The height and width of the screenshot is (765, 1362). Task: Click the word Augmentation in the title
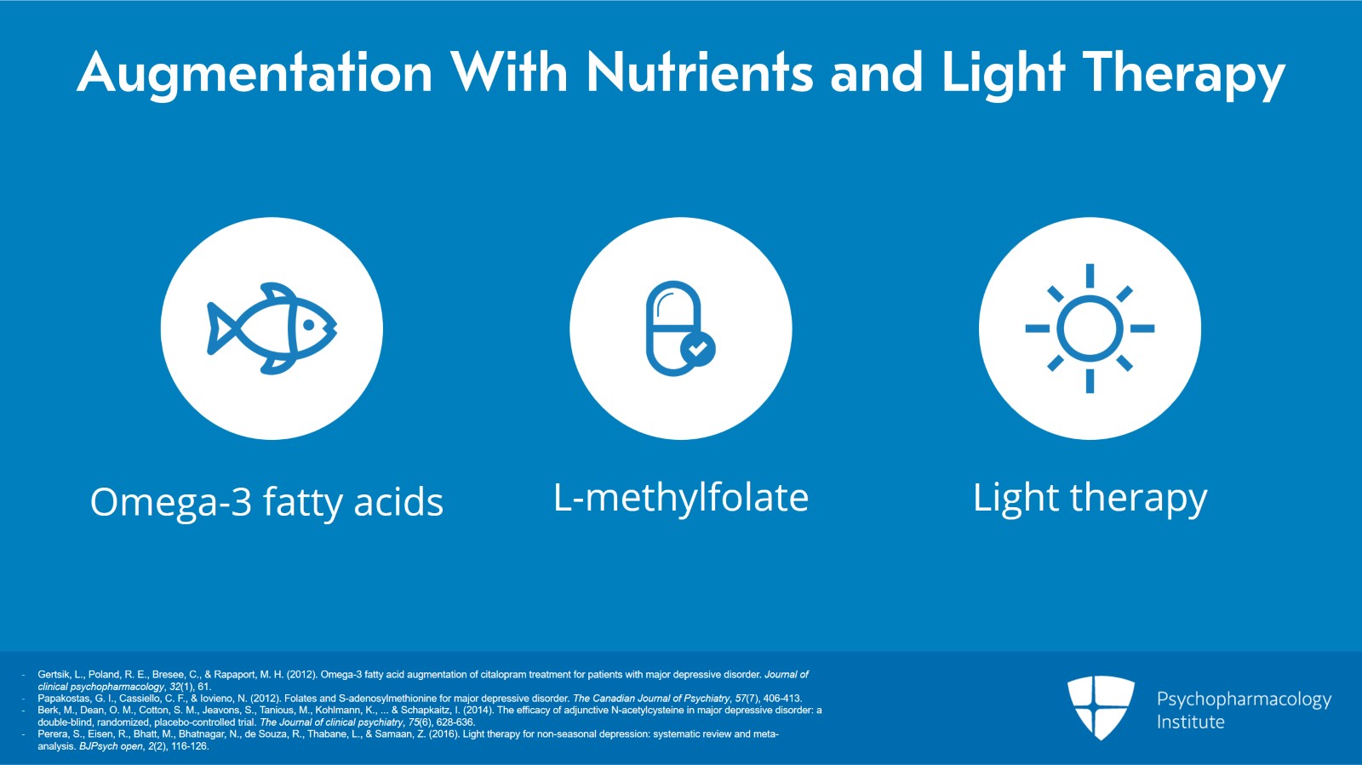click(255, 73)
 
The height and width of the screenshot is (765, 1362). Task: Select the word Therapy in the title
click(1183, 73)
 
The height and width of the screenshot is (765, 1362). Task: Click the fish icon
click(272, 328)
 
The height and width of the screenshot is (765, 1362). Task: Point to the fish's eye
click(310, 324)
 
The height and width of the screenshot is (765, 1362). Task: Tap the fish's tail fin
click(220, 328)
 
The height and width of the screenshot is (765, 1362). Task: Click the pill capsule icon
click(674, 328)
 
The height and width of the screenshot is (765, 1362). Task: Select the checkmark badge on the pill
click(698, 348)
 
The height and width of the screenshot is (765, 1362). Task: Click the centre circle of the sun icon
click(1090, 328)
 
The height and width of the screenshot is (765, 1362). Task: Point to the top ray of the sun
click(1090, 276)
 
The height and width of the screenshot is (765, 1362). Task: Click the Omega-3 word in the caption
click(171, 502)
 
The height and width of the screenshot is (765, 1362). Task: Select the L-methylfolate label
click(681, 498)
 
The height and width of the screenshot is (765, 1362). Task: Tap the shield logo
click(1101, 706)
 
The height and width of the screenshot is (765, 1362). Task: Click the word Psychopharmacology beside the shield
click(1244, 699)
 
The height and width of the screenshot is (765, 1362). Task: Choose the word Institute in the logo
click(1190, 722)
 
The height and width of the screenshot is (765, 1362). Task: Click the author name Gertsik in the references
click(54, 675)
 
